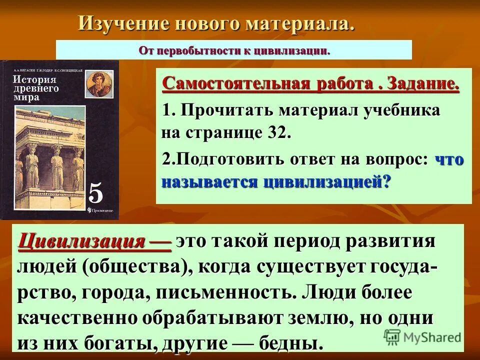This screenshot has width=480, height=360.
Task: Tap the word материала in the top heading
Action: (x=299, y=23)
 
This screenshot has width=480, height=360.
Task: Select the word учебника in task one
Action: (x=402, y=110)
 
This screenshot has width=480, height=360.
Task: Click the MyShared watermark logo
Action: (x=423, y=336)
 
